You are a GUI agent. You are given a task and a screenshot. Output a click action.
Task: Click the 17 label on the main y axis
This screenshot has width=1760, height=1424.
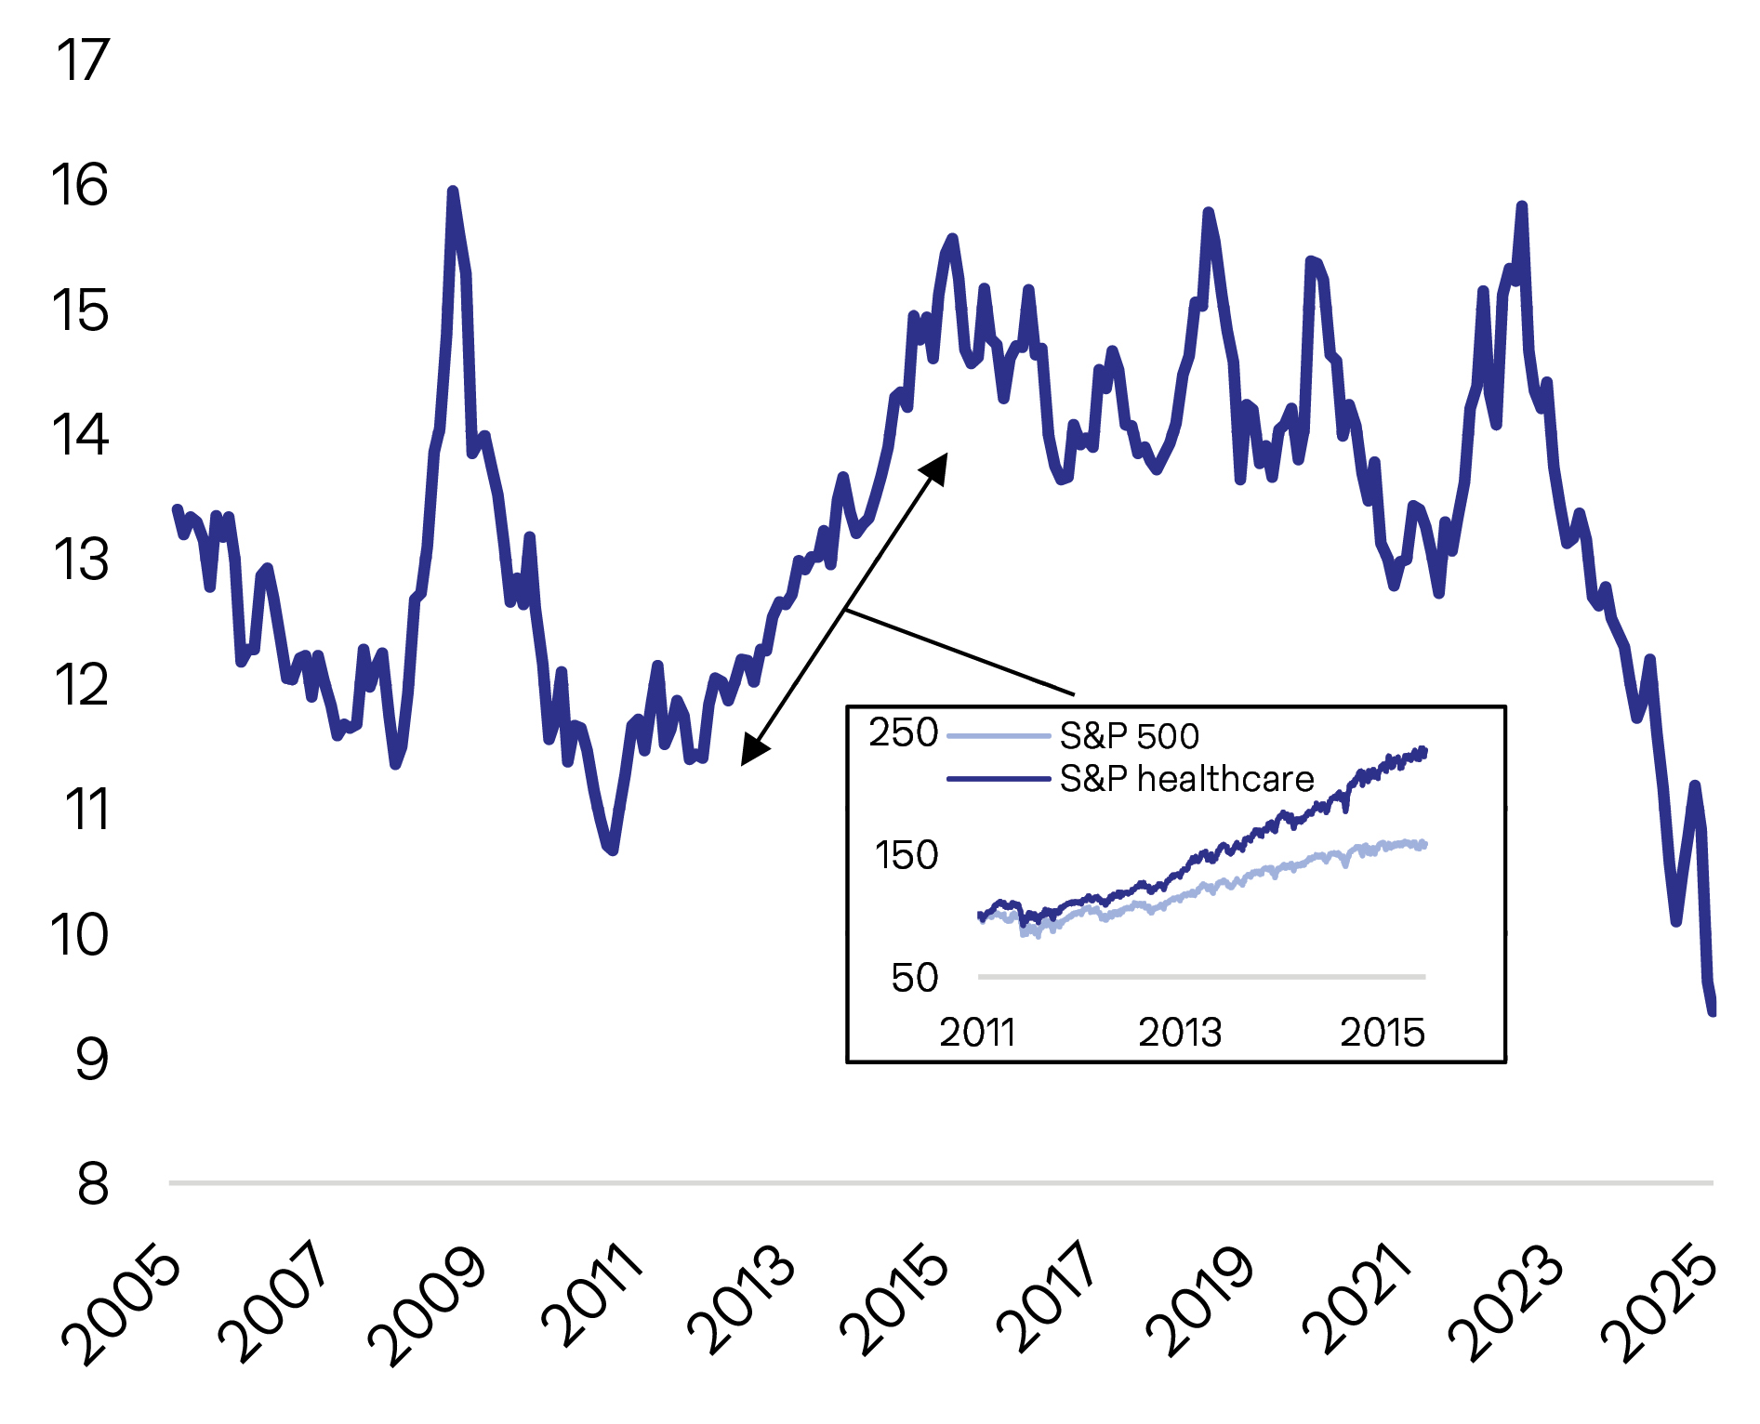(82, 61)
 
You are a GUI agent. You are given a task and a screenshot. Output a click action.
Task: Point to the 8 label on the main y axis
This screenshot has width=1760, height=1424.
(92, 1184)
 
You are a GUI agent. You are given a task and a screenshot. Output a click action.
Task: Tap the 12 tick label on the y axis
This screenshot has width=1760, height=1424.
(81, 686)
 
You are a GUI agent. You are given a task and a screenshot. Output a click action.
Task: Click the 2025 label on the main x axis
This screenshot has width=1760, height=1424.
(1661, 1305)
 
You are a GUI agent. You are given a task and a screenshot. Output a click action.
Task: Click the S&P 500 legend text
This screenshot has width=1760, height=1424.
(1129, 736)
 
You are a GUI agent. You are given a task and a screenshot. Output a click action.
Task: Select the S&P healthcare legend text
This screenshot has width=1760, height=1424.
(1186, 779)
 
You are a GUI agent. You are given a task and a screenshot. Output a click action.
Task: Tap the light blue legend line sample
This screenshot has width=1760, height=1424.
(998, 736)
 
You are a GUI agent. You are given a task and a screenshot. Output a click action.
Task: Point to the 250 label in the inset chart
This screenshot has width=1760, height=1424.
(903, 732)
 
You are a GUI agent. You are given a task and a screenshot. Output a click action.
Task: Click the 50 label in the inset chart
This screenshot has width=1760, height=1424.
(914, 978)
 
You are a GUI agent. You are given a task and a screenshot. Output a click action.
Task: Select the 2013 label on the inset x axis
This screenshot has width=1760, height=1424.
(1179, 1033)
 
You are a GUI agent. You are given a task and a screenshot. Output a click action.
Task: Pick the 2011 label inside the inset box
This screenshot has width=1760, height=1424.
(976, 1033)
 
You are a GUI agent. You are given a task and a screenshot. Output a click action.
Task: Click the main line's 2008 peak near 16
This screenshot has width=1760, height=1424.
(453, 191)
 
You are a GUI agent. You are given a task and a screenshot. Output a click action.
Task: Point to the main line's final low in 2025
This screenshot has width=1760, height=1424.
(1712, 1011)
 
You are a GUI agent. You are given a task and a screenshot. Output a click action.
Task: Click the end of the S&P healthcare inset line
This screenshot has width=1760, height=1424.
(1423, 750)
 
